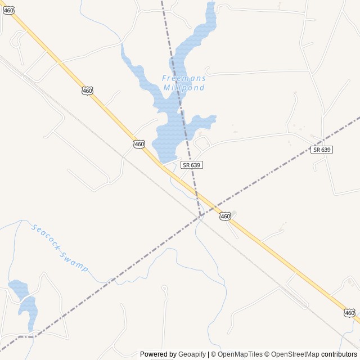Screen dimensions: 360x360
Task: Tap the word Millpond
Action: point(183,88)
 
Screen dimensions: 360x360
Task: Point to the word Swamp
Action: point(75,262)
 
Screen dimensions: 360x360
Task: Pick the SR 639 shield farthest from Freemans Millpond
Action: point(322,150)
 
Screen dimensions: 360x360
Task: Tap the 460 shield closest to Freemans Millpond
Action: point(139,144)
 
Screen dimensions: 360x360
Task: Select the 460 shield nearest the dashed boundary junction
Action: point(225,216)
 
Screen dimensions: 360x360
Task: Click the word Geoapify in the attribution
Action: point(192,354)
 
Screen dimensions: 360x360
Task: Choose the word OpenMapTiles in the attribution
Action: point(240,354)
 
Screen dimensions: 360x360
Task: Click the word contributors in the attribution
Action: point(339,354)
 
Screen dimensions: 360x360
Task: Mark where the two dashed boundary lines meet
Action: point(200,215)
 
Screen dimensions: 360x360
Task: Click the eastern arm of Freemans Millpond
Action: point(204,120)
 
